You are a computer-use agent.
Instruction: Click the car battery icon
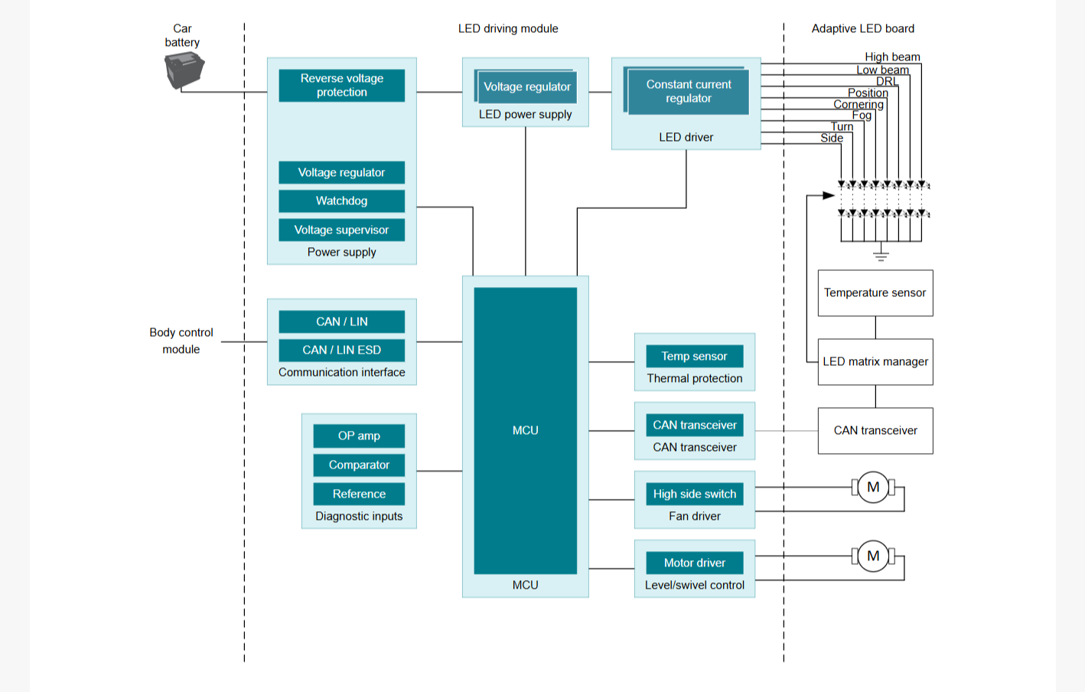coord(184,70)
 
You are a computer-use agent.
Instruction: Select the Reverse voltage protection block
coord(341,85)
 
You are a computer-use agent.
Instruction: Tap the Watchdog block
coord(341,201)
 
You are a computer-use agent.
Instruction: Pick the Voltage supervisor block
coord(341,230)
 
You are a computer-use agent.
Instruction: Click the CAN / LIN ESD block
coord(341,350)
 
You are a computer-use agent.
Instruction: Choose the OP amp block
coord(359,436)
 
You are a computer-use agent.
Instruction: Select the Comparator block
coord(359,465)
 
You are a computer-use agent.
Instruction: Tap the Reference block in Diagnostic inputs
coord(359,494)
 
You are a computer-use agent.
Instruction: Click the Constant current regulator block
coord(689,91)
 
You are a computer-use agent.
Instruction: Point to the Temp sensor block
coord(695,356)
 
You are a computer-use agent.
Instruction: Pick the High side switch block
coord(695,494)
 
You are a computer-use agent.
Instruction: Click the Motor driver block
coord(695,563)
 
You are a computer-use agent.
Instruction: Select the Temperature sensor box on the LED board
coord(875,293)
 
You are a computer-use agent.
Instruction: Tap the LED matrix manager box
coord(875,362)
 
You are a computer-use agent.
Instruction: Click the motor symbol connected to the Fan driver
coord(873,487)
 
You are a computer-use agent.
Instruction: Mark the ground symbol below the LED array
coord(881,256)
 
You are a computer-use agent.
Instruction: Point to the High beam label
coord(892,57)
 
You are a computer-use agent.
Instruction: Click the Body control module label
coord(181,341)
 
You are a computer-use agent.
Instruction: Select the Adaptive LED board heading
coord(862,28)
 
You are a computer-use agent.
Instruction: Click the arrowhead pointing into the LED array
coord(829,195)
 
